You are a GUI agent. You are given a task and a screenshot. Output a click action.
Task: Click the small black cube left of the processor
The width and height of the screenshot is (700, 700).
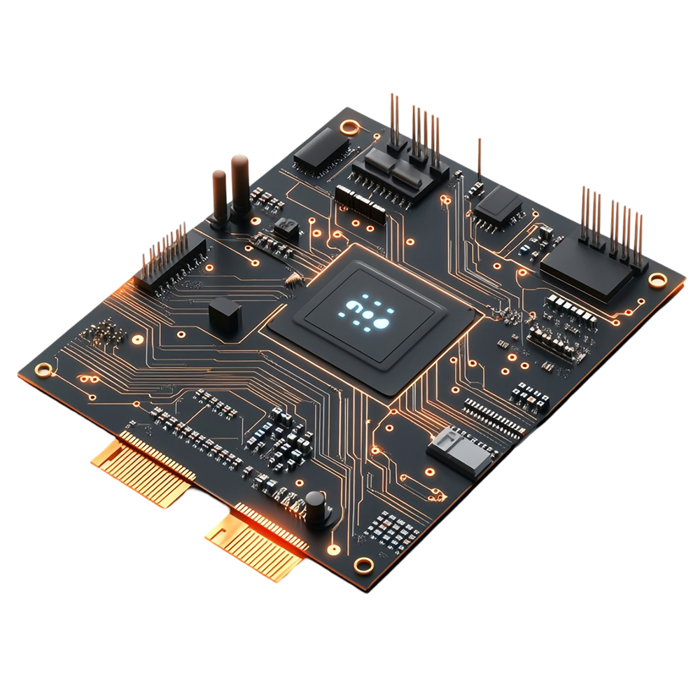tap(225, 314)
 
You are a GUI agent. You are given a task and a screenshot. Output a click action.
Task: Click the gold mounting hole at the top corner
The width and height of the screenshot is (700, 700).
tap(348, 127)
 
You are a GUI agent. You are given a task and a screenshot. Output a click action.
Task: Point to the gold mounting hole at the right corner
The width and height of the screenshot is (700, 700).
tap(657, 280)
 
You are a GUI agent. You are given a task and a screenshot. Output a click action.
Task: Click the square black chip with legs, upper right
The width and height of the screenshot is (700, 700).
tap(498, 204)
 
